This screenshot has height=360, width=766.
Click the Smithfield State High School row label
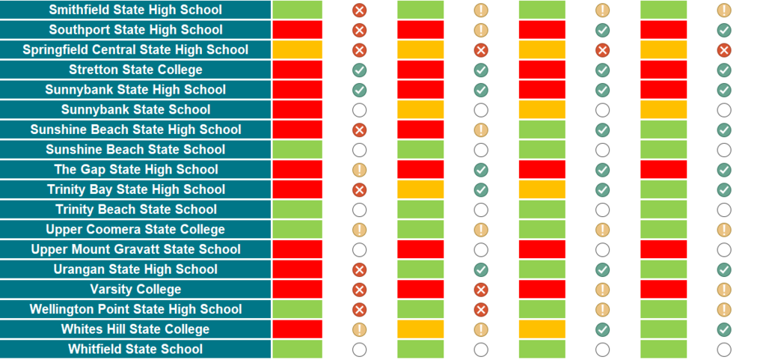pos(135,10)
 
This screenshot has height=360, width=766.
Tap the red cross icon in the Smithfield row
pos(359,10)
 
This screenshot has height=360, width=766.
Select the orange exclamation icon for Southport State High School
pos(481,30)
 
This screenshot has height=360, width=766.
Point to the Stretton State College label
pos(135,70)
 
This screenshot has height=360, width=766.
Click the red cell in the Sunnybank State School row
pos(297,110)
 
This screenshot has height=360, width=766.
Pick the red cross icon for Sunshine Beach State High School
pos(359,130)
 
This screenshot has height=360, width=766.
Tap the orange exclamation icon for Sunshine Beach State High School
pos(481,130)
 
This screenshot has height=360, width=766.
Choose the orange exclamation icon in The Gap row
pos(359,170)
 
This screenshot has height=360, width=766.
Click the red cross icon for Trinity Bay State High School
pos(359,190)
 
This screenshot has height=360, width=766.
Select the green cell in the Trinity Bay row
pos(663,190)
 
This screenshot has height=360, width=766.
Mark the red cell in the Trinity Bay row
pos(297,190)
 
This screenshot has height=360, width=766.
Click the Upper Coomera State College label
pos(135,230)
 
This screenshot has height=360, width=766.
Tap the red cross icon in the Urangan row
pos(359,269)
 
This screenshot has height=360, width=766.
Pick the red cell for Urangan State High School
pos(297,269)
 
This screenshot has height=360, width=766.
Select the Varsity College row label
pos(135,290)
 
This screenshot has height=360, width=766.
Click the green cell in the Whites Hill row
pos(663,329)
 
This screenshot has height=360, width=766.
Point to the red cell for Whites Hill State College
pos(297,329)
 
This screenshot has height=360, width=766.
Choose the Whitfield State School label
pos(135,350)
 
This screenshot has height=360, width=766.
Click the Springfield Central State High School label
pos(135,50)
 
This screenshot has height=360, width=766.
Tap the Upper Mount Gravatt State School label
pos(135,249)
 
